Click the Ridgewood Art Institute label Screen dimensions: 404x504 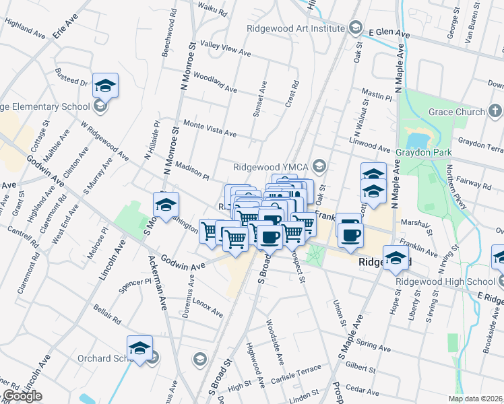[295, 28]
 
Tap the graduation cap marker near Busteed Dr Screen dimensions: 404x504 [105, 85]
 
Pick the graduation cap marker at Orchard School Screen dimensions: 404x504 [139, 347]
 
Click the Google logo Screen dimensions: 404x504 [22, 397]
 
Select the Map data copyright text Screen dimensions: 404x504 [475, 399]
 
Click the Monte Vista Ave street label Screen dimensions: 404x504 [210, 129]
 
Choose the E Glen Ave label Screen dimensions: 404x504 [389, 32]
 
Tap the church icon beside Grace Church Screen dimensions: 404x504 [495, 110]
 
